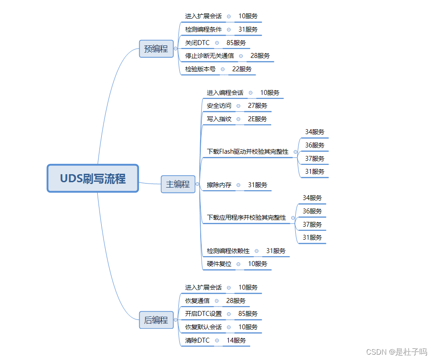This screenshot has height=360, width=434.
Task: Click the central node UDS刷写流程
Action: click(93, 179)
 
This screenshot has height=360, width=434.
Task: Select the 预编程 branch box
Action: click(156, 49)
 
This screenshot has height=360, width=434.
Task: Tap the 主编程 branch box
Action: click(178, 184)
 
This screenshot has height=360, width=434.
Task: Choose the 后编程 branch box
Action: click(156, 320)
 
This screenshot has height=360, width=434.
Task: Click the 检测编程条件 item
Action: click(203, 29)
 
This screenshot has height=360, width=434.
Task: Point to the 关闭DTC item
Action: click(197, 43)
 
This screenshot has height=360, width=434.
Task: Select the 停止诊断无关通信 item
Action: click(209, 56)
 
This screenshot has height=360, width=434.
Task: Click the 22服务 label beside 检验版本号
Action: click(242, 69)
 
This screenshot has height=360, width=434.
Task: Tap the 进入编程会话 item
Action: click(225, 93)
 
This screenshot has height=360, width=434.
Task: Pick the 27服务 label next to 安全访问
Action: click(257, 106)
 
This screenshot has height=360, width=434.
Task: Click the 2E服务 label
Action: click(257, 119)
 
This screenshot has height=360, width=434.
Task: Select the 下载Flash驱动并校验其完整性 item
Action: click(248, 151)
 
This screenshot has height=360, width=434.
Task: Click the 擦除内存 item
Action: click(219, 184)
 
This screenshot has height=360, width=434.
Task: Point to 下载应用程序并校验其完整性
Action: click(246, 217)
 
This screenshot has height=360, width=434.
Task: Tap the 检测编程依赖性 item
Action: click(228, 251)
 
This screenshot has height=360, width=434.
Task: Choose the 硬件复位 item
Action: click(219, 264)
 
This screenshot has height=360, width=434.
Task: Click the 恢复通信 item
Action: click(197, 301)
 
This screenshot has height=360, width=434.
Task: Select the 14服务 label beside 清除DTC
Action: click(236, 340)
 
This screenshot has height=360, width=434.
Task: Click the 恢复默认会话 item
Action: click(203, 327)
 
